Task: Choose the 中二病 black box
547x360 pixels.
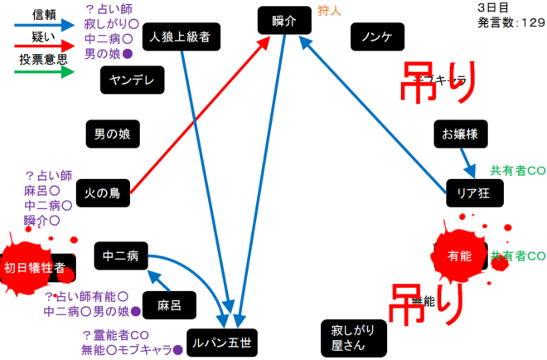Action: pos(121,255)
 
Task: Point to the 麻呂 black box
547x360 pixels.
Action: pos(169,304)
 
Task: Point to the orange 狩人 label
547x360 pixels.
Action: pos(330,12)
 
